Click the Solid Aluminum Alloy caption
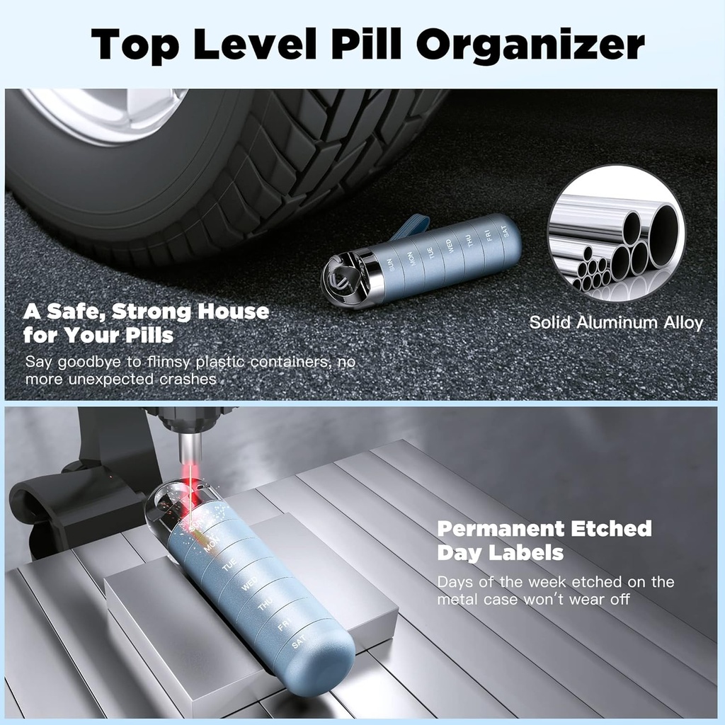(x=616, y=323)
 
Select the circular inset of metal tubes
(x=616, y=234)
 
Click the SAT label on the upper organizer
(x=505, y=231)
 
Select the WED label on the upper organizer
(x=448, y=247)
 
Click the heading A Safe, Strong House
(x=147, y=312)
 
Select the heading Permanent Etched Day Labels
(x=544, y=540)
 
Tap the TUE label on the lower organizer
(x=228, y=567)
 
